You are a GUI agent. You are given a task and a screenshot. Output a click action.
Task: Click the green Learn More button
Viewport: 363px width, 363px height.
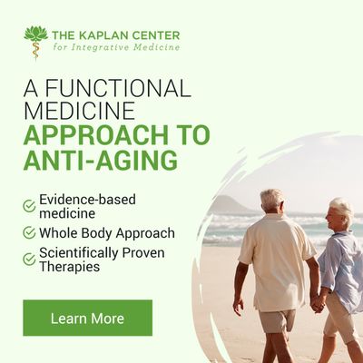pyautogui.click(x=87, y=319)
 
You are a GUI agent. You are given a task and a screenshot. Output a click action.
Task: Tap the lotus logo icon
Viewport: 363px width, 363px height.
pyautogui.click(x=35, y=41)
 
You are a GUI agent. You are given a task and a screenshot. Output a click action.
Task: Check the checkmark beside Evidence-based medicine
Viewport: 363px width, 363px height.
pyautogui.click(x=29, y=206)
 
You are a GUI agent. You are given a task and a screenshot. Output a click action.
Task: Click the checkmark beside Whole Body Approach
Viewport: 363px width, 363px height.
pyautogui.click(x=29, y=233)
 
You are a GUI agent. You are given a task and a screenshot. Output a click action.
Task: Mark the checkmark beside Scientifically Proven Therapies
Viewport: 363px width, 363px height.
pyautogui.click(x=29, y=259)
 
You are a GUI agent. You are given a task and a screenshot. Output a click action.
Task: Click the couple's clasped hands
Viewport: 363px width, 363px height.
pyautogui.click(x=318, y=303)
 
